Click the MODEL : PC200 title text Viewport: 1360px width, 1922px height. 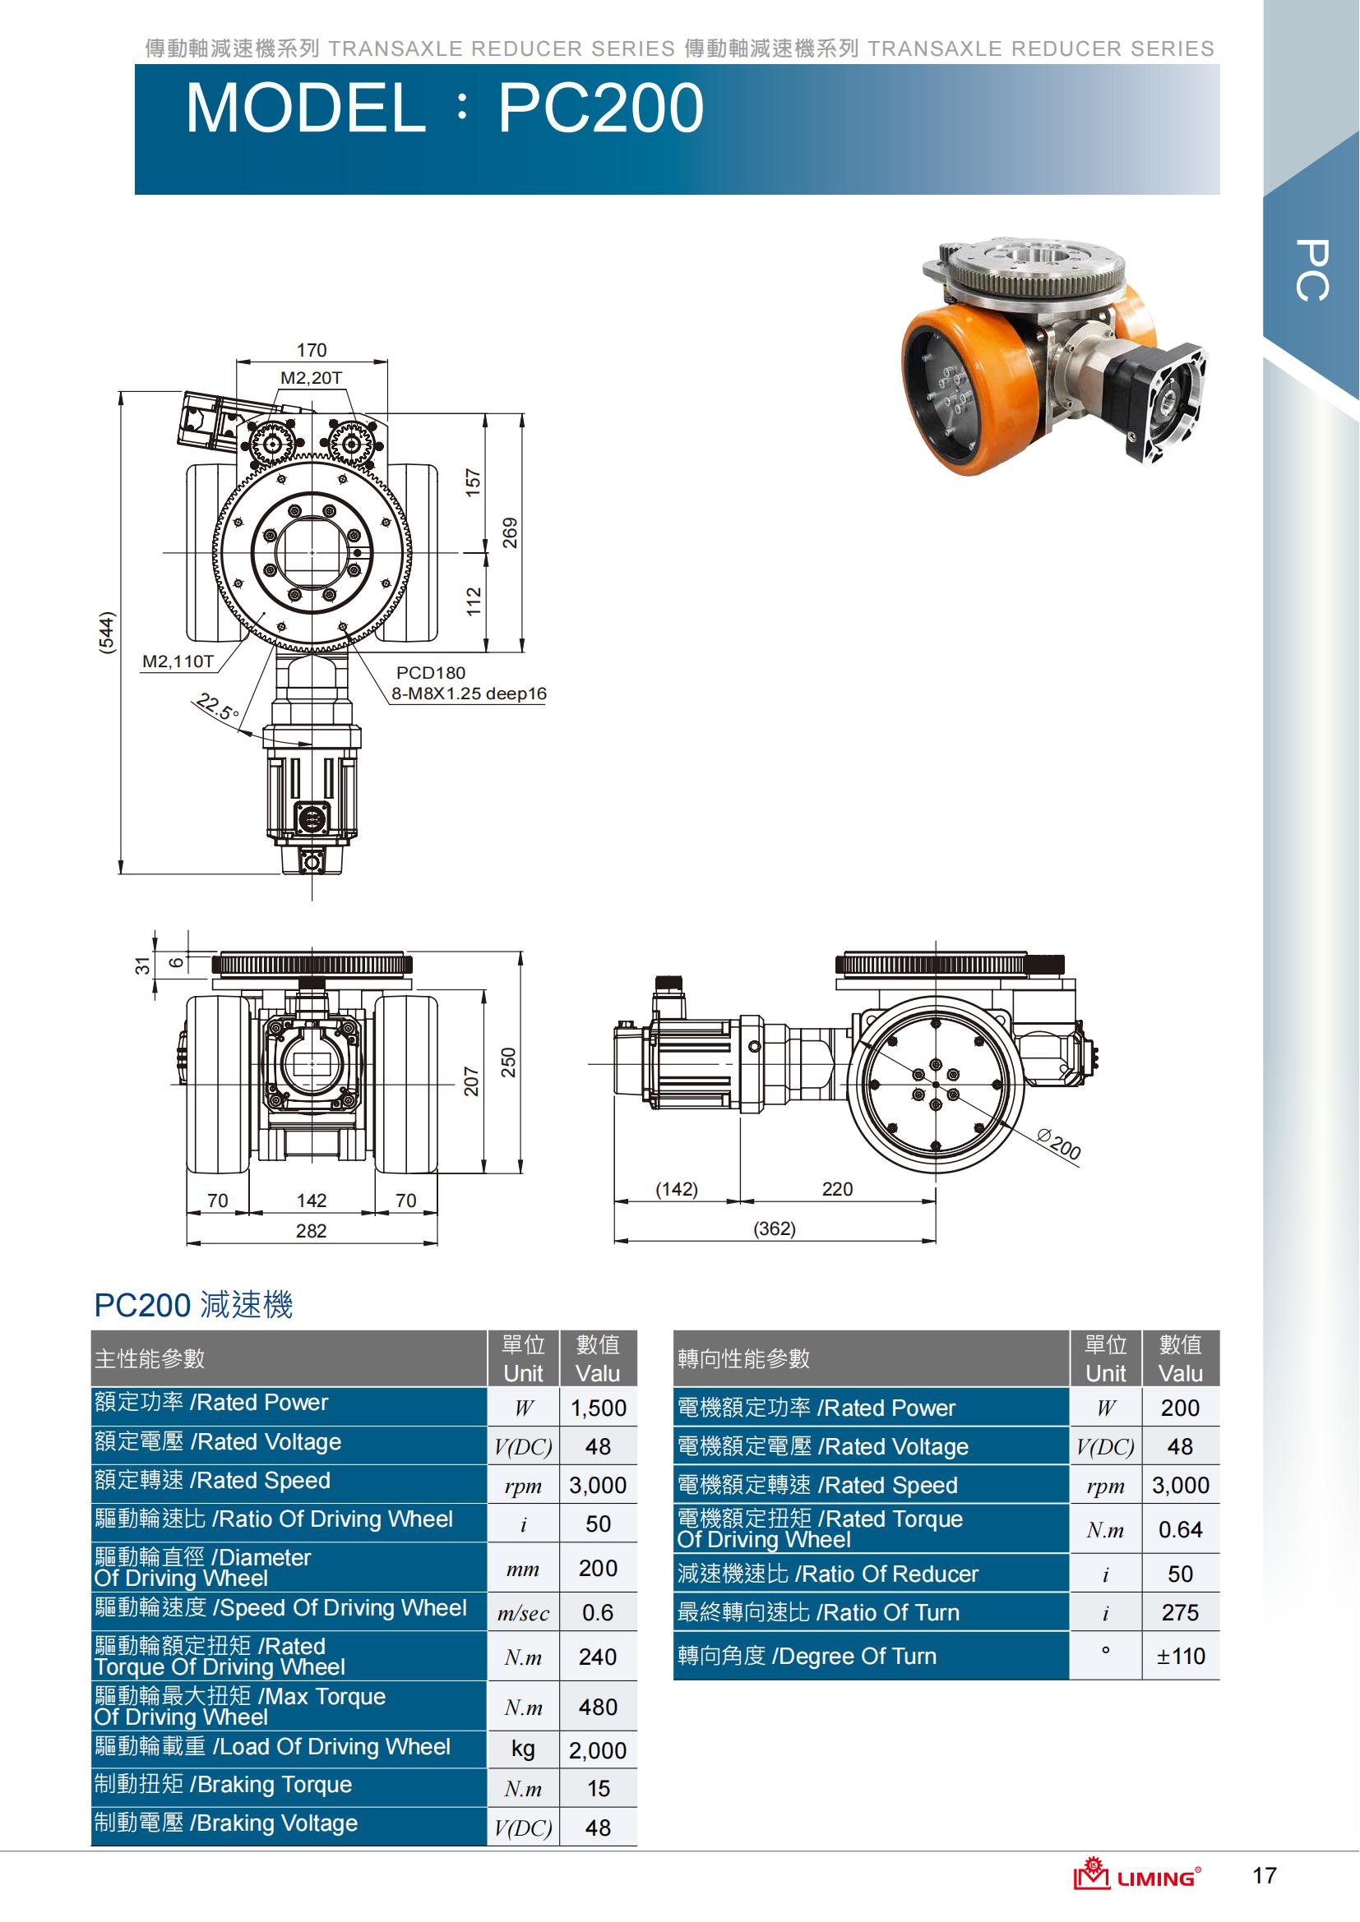(444, 108)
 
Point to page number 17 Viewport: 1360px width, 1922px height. (1264, 1875)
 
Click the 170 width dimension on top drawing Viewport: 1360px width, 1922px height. (312, 350)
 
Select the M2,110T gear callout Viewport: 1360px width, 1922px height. (178, 661)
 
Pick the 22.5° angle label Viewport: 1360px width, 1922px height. (217, 708)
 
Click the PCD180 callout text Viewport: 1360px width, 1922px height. (430, 672)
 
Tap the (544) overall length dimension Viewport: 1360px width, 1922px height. (106, 633)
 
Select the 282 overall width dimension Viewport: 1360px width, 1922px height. (311, 1231)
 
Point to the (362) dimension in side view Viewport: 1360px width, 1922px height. (775, 1228)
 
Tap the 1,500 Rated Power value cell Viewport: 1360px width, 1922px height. (598, 1408)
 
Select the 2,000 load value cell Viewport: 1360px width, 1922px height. (598, 1750)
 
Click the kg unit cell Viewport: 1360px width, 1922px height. (524, 1749)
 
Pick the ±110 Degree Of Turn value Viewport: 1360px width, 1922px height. (1181, 1656)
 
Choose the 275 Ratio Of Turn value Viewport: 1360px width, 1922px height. (1181, 1612)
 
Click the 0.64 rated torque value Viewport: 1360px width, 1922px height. (1181, 1529)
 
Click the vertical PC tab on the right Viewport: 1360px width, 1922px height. (1311, 270)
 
